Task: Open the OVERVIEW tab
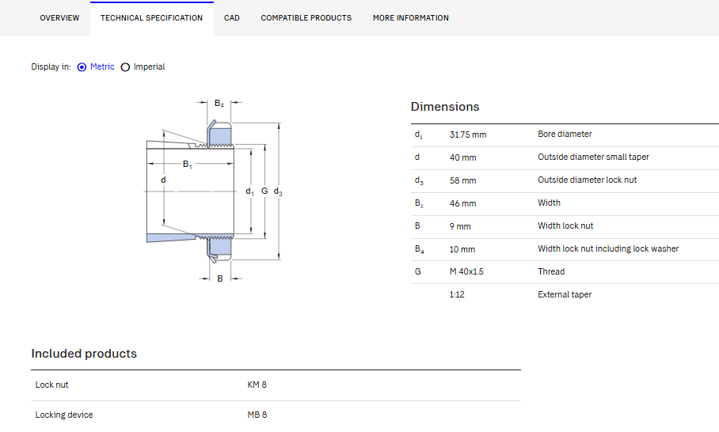click(x=59, y=18)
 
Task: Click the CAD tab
click(x=231, y=18)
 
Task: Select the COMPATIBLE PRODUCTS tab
click(x=306, y=18)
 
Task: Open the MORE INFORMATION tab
click(x=410, y=18)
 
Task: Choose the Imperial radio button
click(x=125, y=67)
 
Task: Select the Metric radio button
click(x=82, y=67)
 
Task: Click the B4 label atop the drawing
click(x=219, y=104)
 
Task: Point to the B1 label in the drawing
click(x=187, y=164)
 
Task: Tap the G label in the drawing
click(x=264, y=191)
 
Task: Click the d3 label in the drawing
click(x=278, y=191)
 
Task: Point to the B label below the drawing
click(x=220, y=279)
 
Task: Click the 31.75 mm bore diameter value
click(x=468, y=135)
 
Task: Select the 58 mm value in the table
click(x=462, y=180)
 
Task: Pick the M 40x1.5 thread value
click(x=466, y=271)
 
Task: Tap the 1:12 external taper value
click(x=457, y=294)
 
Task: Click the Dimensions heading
click(x=445, y=107)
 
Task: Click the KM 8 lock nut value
click(x=257, y=385)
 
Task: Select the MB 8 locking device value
click(x=257, y=415)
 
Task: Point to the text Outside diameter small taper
click(x=593, y=157)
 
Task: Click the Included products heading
click(x=84, y=354)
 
